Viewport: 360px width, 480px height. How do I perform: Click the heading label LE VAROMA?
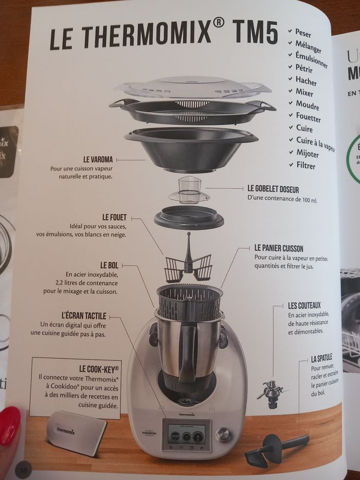click(98, 159)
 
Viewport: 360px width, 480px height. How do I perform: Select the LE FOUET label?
click(114, 218)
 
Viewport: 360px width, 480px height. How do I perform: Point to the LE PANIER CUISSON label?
click(279, 248)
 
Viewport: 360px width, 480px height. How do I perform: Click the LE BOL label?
click(110, 265)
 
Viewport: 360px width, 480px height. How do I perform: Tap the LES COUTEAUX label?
click(304, 306)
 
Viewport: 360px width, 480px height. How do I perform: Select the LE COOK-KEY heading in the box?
click(99, 368)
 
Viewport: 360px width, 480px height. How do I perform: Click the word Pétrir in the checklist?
click(304, 68)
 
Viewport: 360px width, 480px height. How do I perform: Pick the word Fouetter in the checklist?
click(308, 118)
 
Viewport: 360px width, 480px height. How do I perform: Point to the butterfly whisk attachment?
click(188, 262)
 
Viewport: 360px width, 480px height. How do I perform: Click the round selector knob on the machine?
click(223, 434)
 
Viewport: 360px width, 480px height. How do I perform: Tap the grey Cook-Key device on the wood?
click(76, 431)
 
